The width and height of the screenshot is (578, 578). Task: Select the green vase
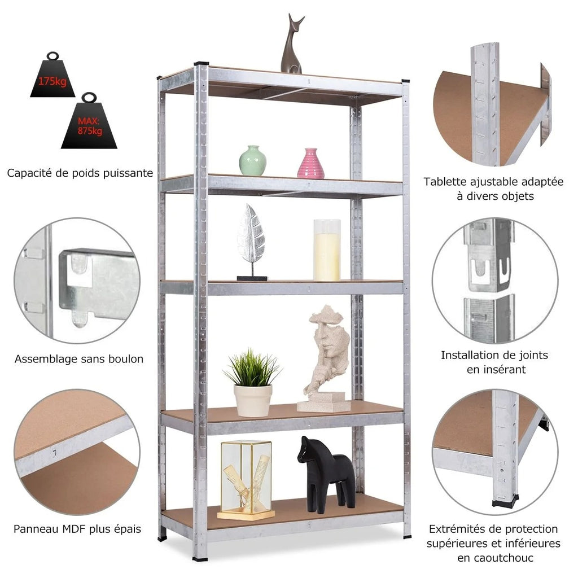(x=253, y=160)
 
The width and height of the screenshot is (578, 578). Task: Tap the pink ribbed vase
(x=311, y=164)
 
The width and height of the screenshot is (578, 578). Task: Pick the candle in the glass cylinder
(x=327, y=250)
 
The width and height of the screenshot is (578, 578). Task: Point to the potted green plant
(x=253, y=383)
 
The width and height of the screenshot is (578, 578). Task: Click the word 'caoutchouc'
(x=496, y=558)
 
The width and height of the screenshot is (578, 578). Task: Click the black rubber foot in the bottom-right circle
(x=505, y=501)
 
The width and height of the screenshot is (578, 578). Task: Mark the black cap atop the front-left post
(x=202, y=64)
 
